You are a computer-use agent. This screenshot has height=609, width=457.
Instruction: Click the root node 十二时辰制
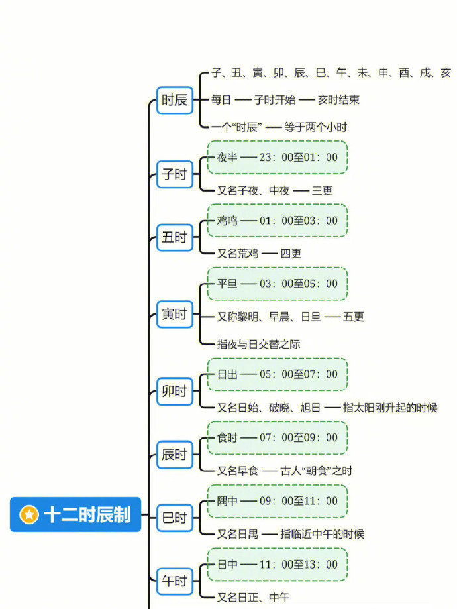pos(76,514)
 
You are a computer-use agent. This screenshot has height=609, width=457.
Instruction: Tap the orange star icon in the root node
pos(29,515)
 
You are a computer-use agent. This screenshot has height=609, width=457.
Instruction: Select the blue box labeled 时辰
pos(175,100)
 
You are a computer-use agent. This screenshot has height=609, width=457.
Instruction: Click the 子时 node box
pos(175,174)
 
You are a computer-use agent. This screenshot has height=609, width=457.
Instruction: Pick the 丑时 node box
pos(175,237)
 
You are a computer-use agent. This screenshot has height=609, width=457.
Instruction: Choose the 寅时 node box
pos(175,314)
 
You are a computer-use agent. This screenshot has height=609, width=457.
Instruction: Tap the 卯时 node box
pos(175,391)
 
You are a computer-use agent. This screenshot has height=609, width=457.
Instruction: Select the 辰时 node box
pos(175,455)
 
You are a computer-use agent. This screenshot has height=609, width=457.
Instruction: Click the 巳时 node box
pos(175,518)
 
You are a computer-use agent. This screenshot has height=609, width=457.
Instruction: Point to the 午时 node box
pos(175,581)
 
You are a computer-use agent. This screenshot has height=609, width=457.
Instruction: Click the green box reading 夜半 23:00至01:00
pos(278,157)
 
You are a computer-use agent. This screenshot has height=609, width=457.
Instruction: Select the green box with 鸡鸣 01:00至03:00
pos(278,221)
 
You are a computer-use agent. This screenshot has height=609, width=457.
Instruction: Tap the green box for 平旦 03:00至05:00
pos(278,284)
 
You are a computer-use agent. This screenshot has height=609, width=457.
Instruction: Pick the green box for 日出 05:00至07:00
pos(278,374)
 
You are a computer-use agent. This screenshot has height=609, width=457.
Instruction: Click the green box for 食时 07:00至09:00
pos(278,438)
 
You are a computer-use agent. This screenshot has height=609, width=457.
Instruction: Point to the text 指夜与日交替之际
pos(258,344)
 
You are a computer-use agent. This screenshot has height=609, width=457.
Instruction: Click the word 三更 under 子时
pos(323,190)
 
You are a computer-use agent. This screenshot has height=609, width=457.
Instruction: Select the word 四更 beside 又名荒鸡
pos(291,254)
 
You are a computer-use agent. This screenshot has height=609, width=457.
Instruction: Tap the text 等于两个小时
pos(316,127)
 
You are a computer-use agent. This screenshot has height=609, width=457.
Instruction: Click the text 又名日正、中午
pos(254,597)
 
